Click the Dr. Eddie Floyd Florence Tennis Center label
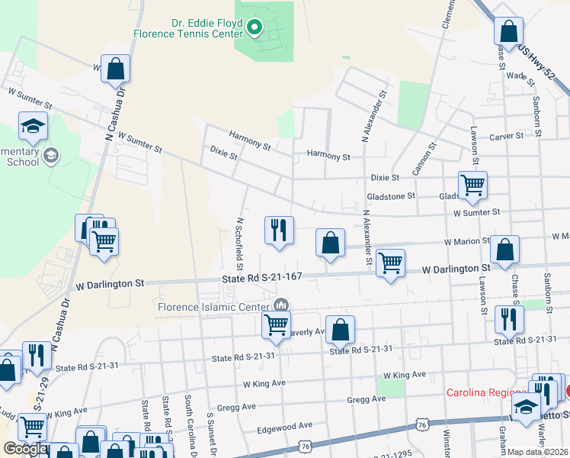tap(187, 28)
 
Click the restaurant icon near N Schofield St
tap(279, 230)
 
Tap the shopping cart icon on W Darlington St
tap(391, 263)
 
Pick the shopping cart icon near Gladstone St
tap(472, 184)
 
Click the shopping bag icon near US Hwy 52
tap(508, 31)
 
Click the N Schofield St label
tap(239, 244)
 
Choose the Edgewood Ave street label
tap(285, 426)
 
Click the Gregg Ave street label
tap(367, 399)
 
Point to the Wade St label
tap(517, 76)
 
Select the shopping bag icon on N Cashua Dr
tap(115, 69)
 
